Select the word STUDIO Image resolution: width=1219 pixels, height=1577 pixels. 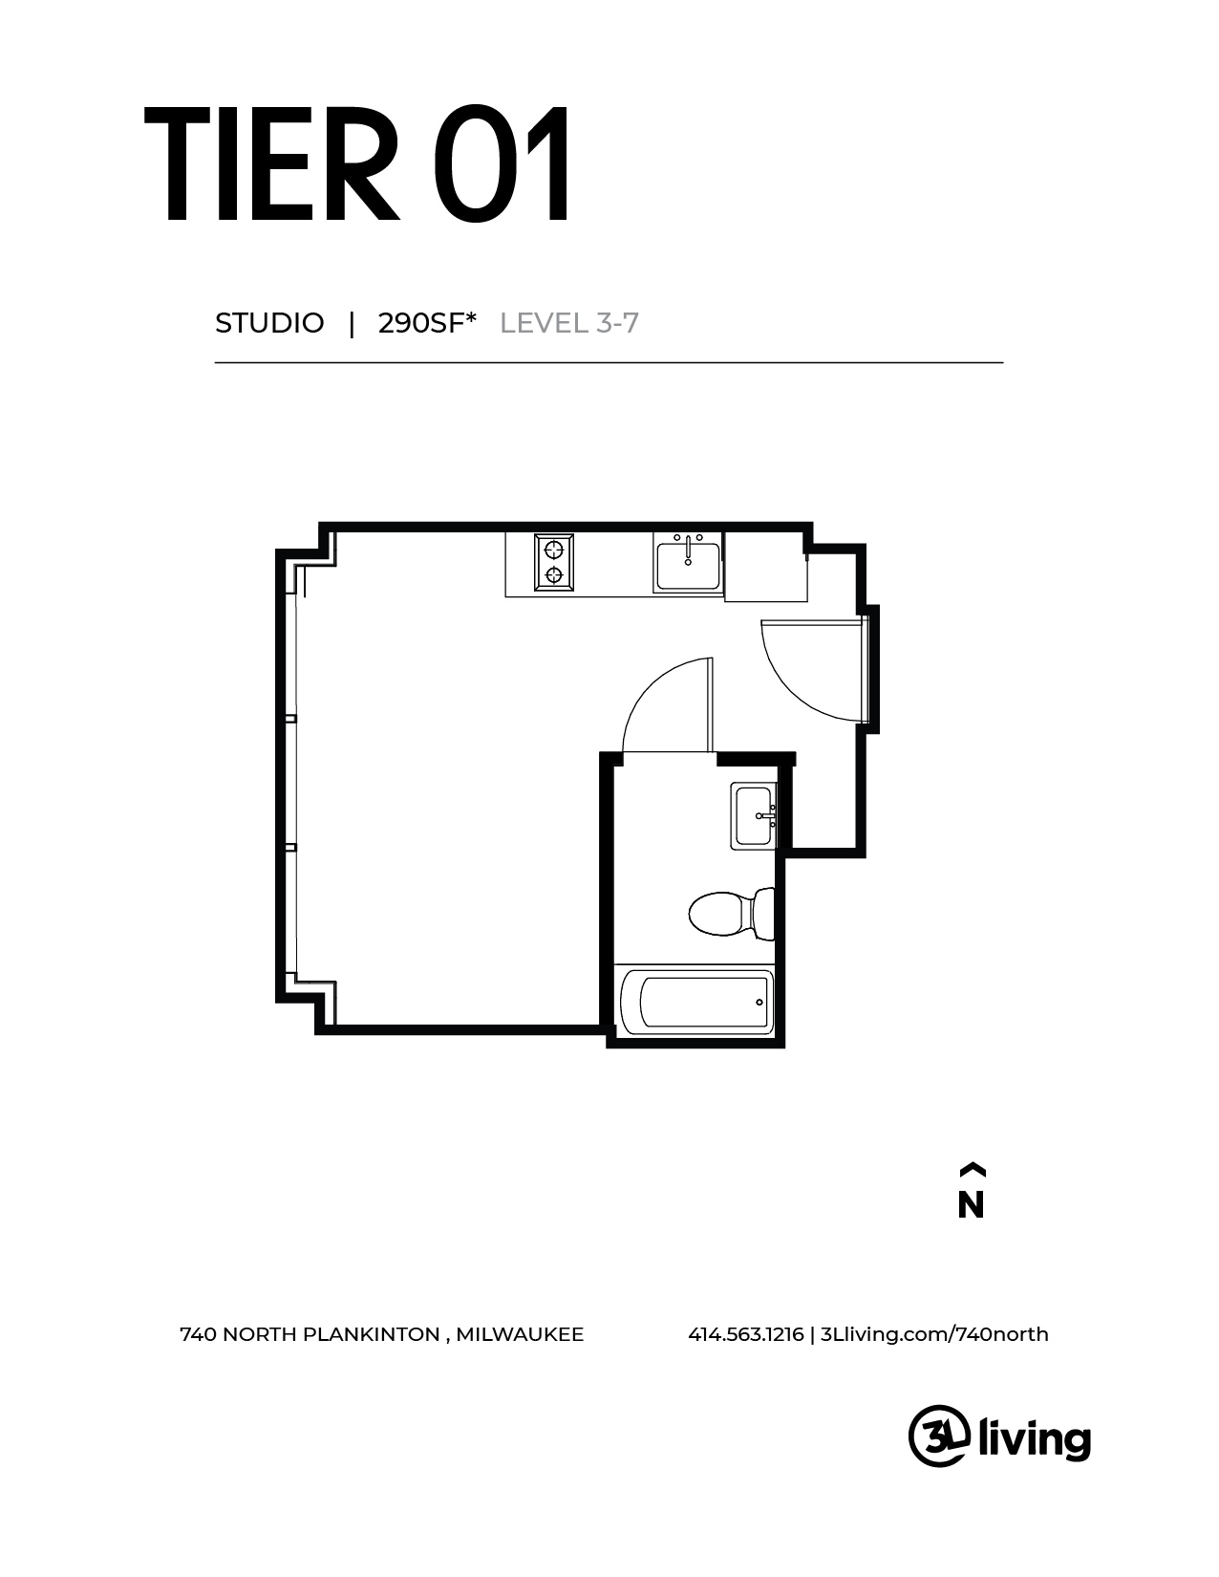point(269,323)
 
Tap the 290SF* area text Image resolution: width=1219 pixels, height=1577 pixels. point(427,323)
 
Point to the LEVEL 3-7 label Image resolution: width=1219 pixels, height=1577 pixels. point(569,323)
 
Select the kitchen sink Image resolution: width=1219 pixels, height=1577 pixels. point(688,565)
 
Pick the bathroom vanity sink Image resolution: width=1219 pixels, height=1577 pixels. point(754,815)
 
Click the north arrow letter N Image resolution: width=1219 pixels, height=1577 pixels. point(971,1205)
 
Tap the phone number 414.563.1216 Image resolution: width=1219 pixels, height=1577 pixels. point(745,1334)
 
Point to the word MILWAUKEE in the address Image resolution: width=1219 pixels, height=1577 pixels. point(520,1334)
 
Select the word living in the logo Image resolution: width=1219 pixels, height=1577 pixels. point(1035,1437)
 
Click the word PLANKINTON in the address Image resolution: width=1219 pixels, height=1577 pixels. point(371,1334)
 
